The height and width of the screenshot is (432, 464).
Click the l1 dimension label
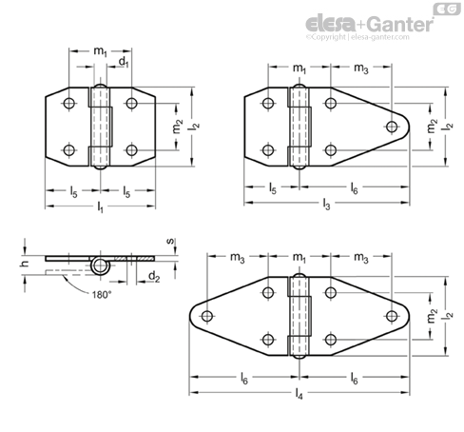[x=100, y=207]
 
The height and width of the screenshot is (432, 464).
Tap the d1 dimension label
[x=124, y=62]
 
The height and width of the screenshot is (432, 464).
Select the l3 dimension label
[x=326, y=204]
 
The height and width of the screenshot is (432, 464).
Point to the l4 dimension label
[x=299, y=394]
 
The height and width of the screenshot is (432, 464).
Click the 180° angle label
[x=102, y=295]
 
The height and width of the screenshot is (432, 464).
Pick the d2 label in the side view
[x=154, y=277]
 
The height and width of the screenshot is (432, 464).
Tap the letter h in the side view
[x=25, y=264]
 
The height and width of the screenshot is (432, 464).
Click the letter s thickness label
[x=170, y=241]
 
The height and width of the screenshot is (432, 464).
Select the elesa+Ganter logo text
[x=369, y=24]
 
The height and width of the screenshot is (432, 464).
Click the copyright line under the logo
[x=358, y=37]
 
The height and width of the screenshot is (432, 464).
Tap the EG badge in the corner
[x=447, y=9]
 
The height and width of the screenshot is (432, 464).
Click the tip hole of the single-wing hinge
[x=392, y=127]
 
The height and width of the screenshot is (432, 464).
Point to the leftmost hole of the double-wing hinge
[x=207, y=316]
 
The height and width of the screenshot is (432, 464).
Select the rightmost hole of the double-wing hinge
[x=392, y=316]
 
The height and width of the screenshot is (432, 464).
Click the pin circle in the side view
[x=101, y=266]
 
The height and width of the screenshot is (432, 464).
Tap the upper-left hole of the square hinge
[x=69, y=103]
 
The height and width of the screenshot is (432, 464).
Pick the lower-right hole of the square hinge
[x=131, y=150]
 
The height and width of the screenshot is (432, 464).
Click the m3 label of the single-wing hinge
[x=361, y=69]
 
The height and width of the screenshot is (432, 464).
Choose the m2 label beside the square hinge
[x=178, y=127]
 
